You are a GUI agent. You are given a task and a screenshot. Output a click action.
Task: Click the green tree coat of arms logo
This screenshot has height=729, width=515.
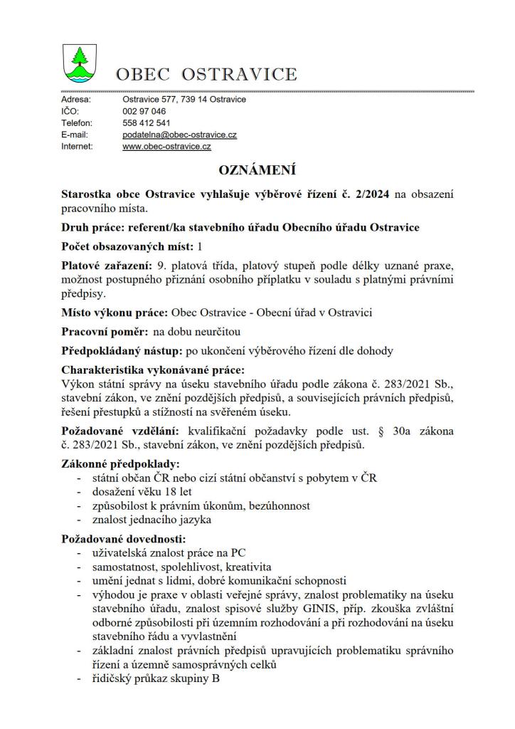click(79, 63)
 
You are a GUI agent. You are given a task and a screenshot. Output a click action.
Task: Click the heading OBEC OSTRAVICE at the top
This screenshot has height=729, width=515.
click(206, 74)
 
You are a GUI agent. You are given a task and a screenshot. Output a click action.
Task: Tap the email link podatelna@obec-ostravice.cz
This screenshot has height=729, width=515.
click(179, 135)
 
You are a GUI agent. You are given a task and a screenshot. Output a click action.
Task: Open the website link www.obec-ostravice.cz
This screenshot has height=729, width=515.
click(166, 147)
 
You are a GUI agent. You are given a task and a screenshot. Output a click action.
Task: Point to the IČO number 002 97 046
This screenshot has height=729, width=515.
click(144, 112)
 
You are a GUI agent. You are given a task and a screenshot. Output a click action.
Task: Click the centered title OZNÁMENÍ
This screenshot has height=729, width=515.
click(257, 170)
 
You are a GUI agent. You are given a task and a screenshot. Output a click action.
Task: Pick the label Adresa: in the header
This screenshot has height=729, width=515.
click(75, 100)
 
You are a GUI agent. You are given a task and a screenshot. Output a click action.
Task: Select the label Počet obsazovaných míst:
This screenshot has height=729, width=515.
click(127, 246)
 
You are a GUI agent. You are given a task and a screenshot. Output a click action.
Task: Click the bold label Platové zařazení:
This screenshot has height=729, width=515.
click(107, 265)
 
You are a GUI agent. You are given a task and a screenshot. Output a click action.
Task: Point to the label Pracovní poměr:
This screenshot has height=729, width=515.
click(105, 332)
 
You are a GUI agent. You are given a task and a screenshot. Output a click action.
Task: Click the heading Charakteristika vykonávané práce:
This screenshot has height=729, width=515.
click(152, 370)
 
